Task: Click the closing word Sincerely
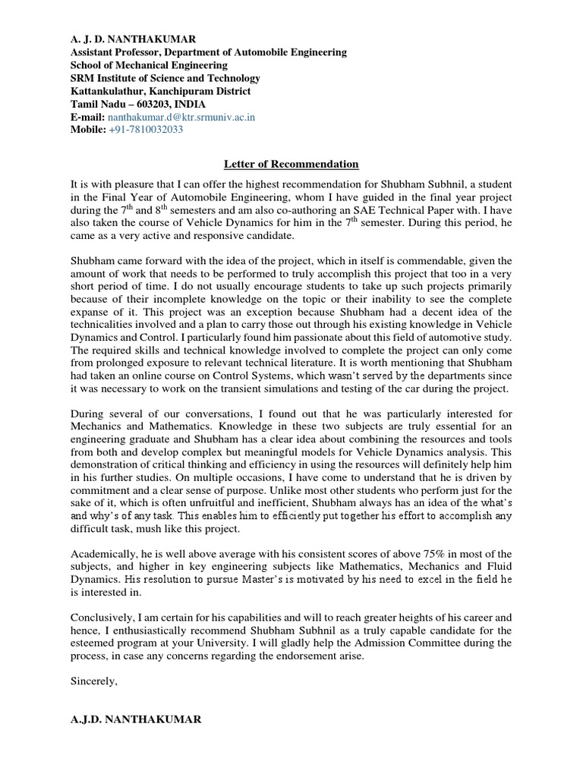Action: (x=93, y=681)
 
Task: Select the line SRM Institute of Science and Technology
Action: (x=165, y=78)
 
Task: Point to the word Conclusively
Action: (x=102, y=616)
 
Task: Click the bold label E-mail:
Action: (x=87, y=118)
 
